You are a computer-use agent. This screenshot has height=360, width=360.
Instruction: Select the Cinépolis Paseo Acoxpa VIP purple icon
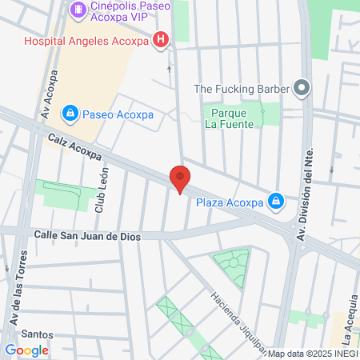pyautogui.click(x=78, y=10)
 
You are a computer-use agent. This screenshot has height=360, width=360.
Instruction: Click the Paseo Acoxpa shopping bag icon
pyautogui.click(x=70, y=114)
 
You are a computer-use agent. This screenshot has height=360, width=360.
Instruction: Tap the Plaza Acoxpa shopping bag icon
pyautogui.click(x=276, y=201)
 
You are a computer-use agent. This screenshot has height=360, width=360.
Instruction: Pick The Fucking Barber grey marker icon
pyautogui.click(x=302, y=88)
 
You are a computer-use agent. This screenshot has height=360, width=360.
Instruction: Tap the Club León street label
pyautogui.click(x=101, y=197)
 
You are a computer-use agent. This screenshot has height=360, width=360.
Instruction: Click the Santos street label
pyautogui.click(x=37, y=334)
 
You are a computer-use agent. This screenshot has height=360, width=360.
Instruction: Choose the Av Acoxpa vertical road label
pyautogui.click(x=49, y=95)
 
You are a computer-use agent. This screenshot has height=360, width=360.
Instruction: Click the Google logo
pyautogui.click(x=26, y=350)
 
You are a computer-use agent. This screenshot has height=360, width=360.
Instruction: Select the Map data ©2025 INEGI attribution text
pyautogui.click(x=312, y=354)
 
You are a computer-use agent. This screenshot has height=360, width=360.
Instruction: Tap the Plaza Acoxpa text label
pyautogui.click(x=230, y=202)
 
